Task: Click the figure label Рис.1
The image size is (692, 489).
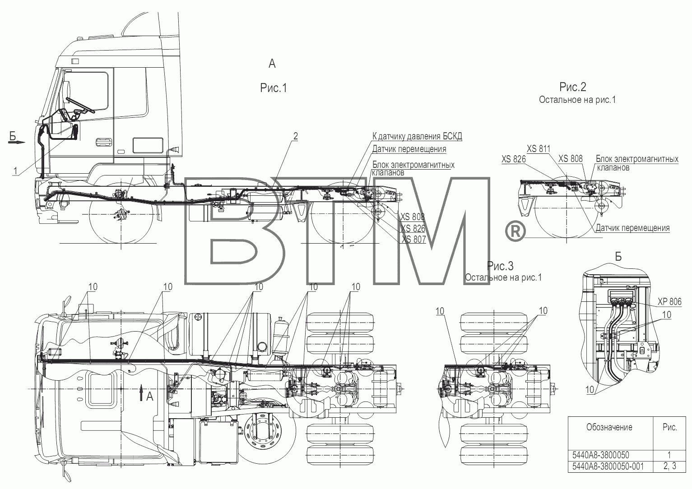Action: (x=274, y=88)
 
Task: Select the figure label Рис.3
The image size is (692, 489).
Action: (x=500, y=266)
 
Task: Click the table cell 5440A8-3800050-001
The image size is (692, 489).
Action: (x=608, y=475)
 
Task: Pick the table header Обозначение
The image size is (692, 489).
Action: (x=609, y=427)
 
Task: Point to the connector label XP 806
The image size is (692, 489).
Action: (x=669, y=301)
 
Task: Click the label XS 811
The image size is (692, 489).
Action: (x=539, y=149)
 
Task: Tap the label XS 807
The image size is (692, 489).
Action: (x=413, y=239)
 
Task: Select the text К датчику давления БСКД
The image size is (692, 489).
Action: (x=417, y=136)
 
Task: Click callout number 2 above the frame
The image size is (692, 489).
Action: (x=295, y=136)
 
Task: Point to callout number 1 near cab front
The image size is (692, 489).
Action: (x=15, y=171)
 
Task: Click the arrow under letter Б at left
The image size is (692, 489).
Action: (x=16, y=142)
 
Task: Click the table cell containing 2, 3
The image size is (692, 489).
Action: (x=669, y=475)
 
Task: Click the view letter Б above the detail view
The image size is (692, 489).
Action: (x=618, y=257)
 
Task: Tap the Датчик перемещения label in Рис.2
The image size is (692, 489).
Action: (x=633, y=228)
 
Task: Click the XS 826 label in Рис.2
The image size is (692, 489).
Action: (x=513, y=159)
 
